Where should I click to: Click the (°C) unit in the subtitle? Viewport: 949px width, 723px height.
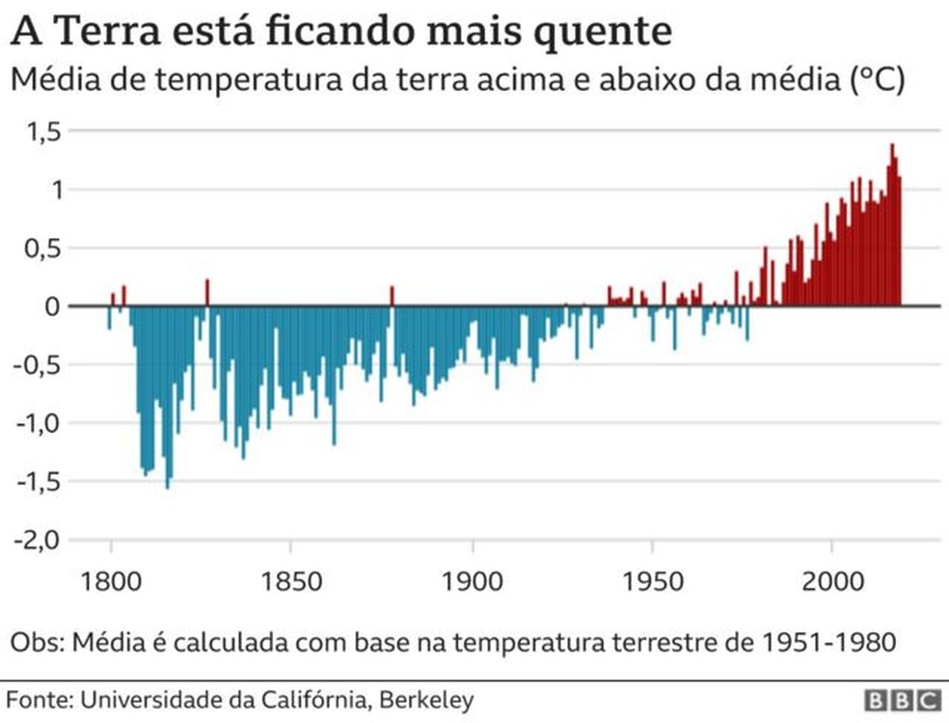(x=878, y=81)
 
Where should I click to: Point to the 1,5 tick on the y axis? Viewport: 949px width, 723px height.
(x=39, y=131)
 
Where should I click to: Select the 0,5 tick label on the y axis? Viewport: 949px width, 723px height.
(x=39, y=248)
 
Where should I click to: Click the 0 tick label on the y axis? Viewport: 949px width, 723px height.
(x=52, y=307)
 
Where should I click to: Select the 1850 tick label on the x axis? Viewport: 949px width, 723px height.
(x=291, y=582)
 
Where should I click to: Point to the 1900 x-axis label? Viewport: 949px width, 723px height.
(x=472, y=582)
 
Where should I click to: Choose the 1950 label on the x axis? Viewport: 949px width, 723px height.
(x=652, y=582)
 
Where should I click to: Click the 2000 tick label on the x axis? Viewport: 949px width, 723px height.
(x=832, y=582)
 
